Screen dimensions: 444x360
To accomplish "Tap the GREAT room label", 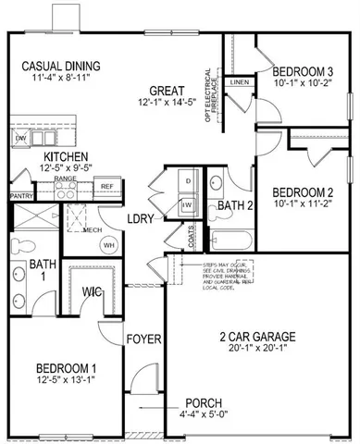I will coord(168,90).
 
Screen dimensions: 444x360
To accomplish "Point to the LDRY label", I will coord(142,218).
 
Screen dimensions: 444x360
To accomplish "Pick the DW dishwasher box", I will coord(21,138).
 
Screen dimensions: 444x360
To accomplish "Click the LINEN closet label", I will coord(238,82).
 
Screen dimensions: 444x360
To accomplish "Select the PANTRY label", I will coord(20,196).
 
